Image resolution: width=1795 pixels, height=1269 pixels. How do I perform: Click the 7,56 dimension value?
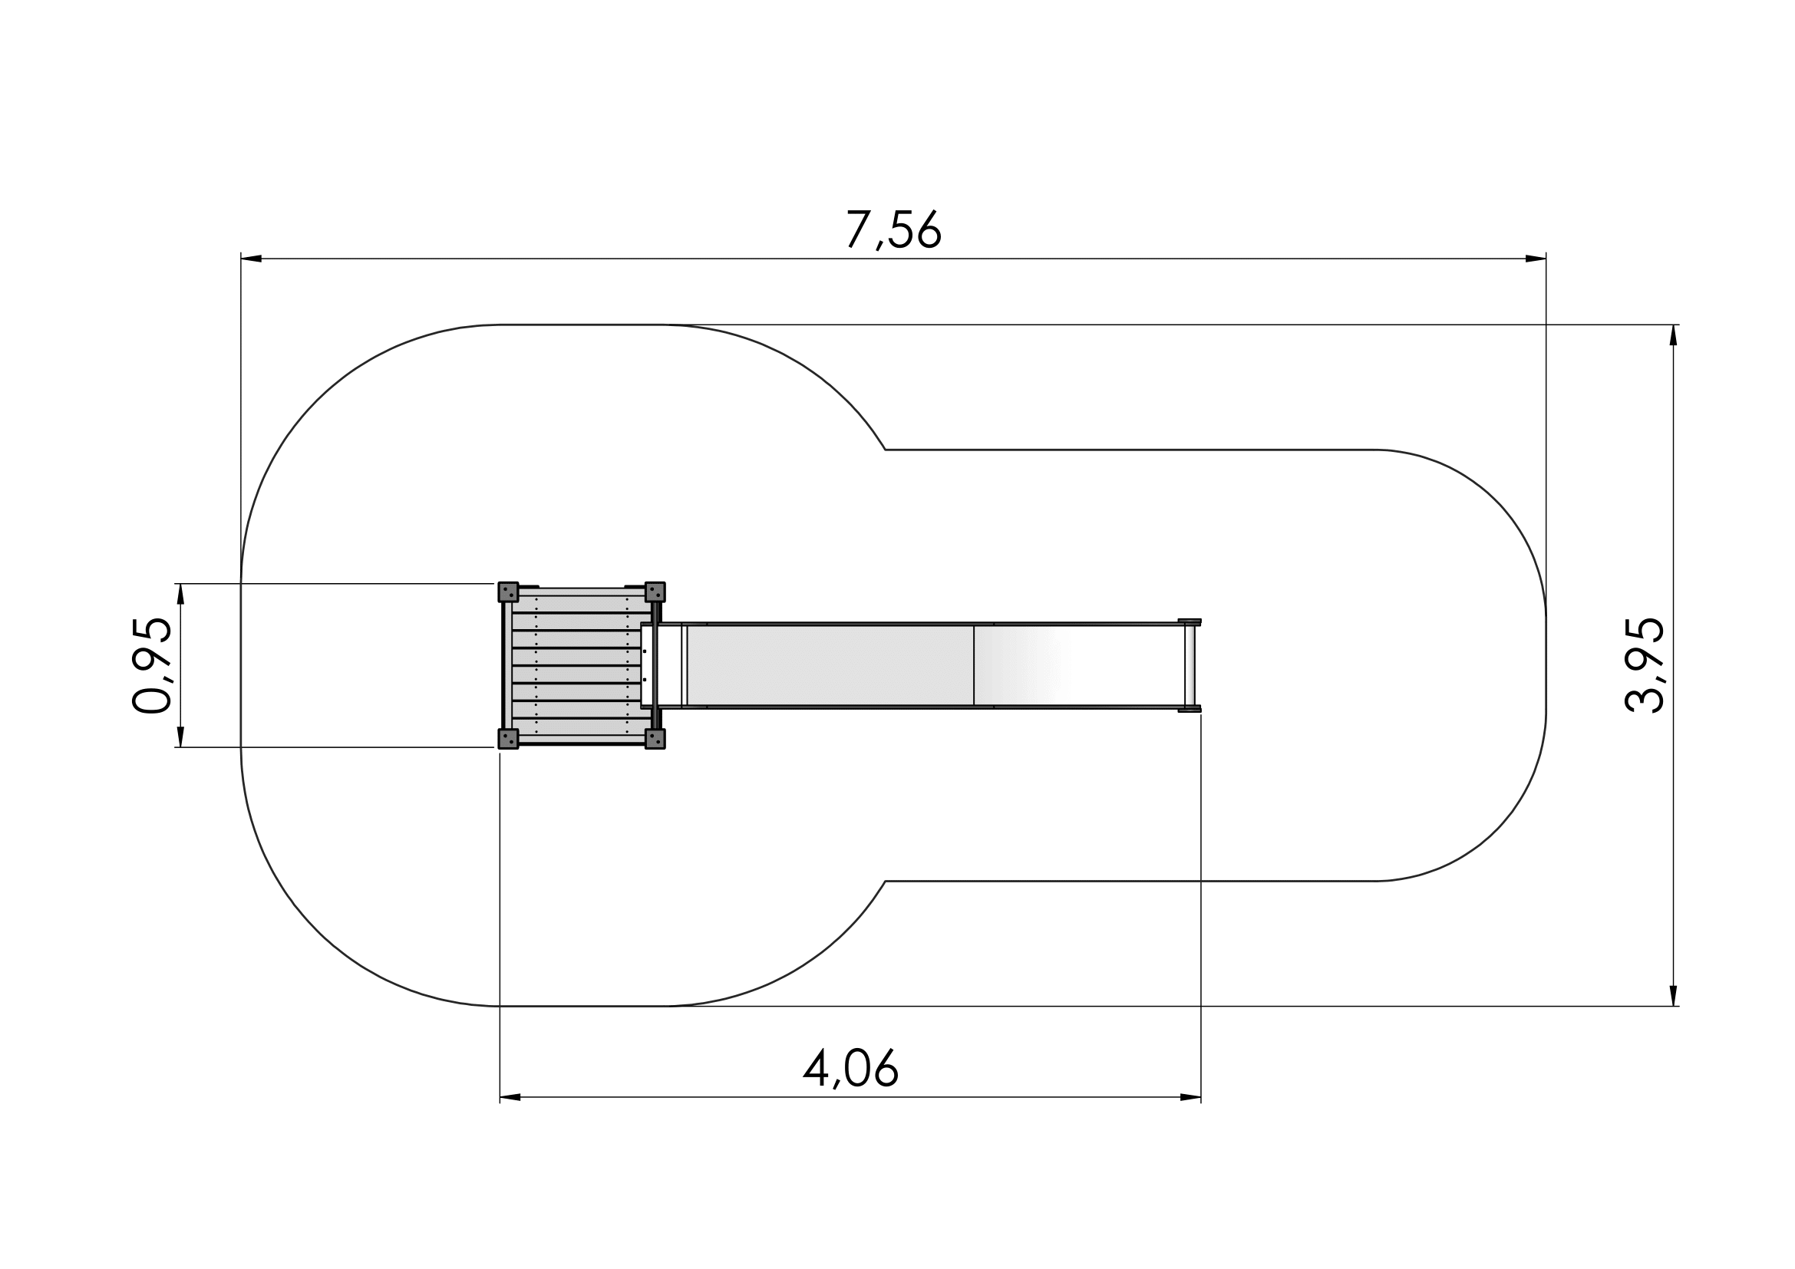(x=893, y=229)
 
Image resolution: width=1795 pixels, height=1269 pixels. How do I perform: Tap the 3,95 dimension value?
(x=1644, y=665)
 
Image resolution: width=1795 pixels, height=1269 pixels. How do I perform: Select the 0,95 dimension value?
(x=152, y=665)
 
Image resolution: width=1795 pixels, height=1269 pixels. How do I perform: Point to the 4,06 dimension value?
(x=850, y=1068)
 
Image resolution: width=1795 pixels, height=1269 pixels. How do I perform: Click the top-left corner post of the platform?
(x=508, y=592)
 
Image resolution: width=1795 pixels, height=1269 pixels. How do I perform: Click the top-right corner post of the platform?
(x=655, y=592)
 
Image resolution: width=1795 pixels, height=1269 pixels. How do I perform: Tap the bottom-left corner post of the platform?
(x=508, y=739)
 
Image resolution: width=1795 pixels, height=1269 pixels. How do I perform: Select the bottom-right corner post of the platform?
(x=655, y=739)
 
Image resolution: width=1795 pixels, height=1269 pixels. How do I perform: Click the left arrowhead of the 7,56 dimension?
(x=251, y=259)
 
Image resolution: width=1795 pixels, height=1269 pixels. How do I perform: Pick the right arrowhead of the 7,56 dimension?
(x=1536, y=259)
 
